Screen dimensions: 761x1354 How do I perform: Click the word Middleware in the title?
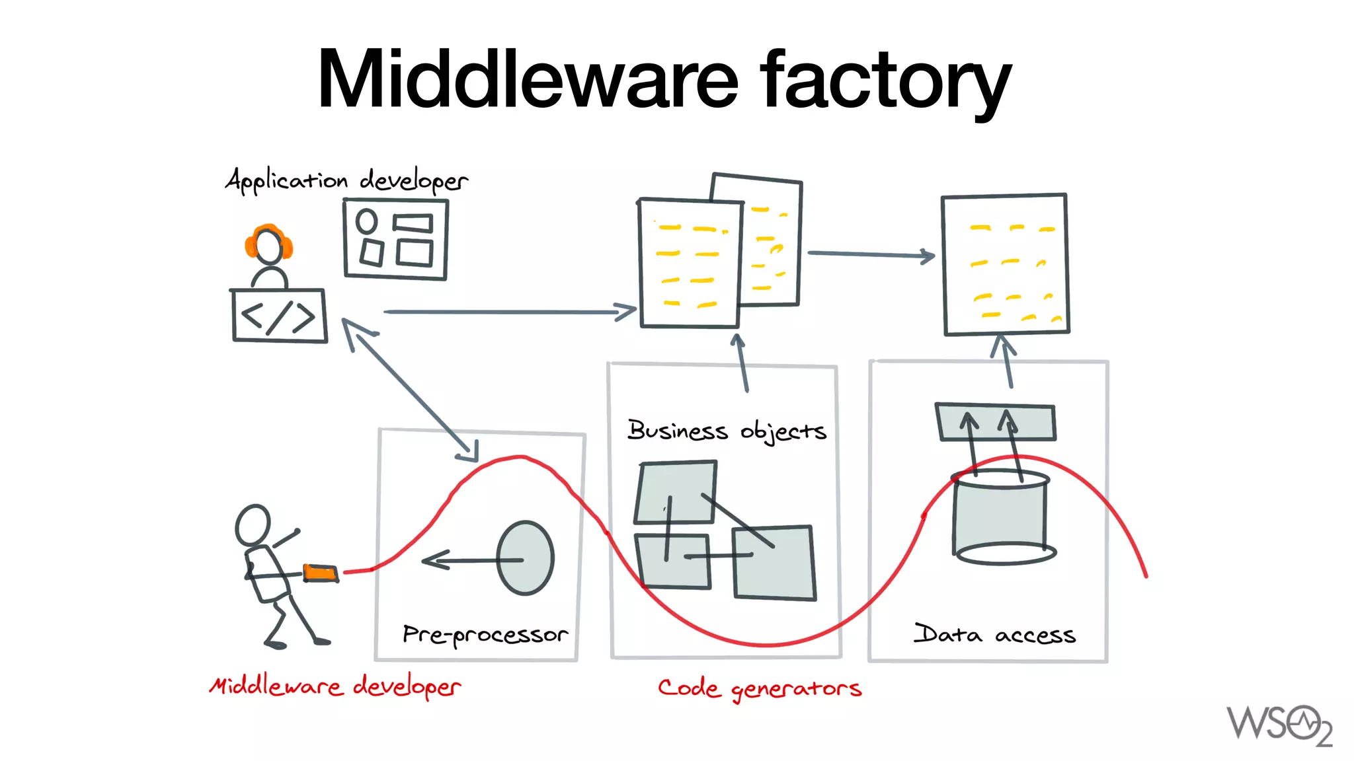[527, 79]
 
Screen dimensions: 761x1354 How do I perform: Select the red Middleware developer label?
[335, 686]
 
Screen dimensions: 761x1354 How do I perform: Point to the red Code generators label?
[759, 688]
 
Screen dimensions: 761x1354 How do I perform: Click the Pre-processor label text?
[485, 635]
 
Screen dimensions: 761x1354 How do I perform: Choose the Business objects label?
[726, 431]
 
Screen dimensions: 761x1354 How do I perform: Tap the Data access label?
[994, 634]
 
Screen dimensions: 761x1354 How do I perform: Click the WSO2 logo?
[1279, 725]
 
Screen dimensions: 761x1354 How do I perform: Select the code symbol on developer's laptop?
[278, 316]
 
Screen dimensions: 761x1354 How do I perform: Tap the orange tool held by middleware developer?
[321, 573]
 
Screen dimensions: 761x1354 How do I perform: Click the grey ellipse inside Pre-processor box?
[525, 558]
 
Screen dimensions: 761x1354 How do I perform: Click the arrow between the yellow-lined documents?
[870, 254]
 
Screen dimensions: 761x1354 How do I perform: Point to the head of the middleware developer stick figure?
[253, 525]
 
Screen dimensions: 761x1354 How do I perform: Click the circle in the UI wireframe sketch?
[366, 221]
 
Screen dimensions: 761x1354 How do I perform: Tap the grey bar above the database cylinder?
[995, 422]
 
